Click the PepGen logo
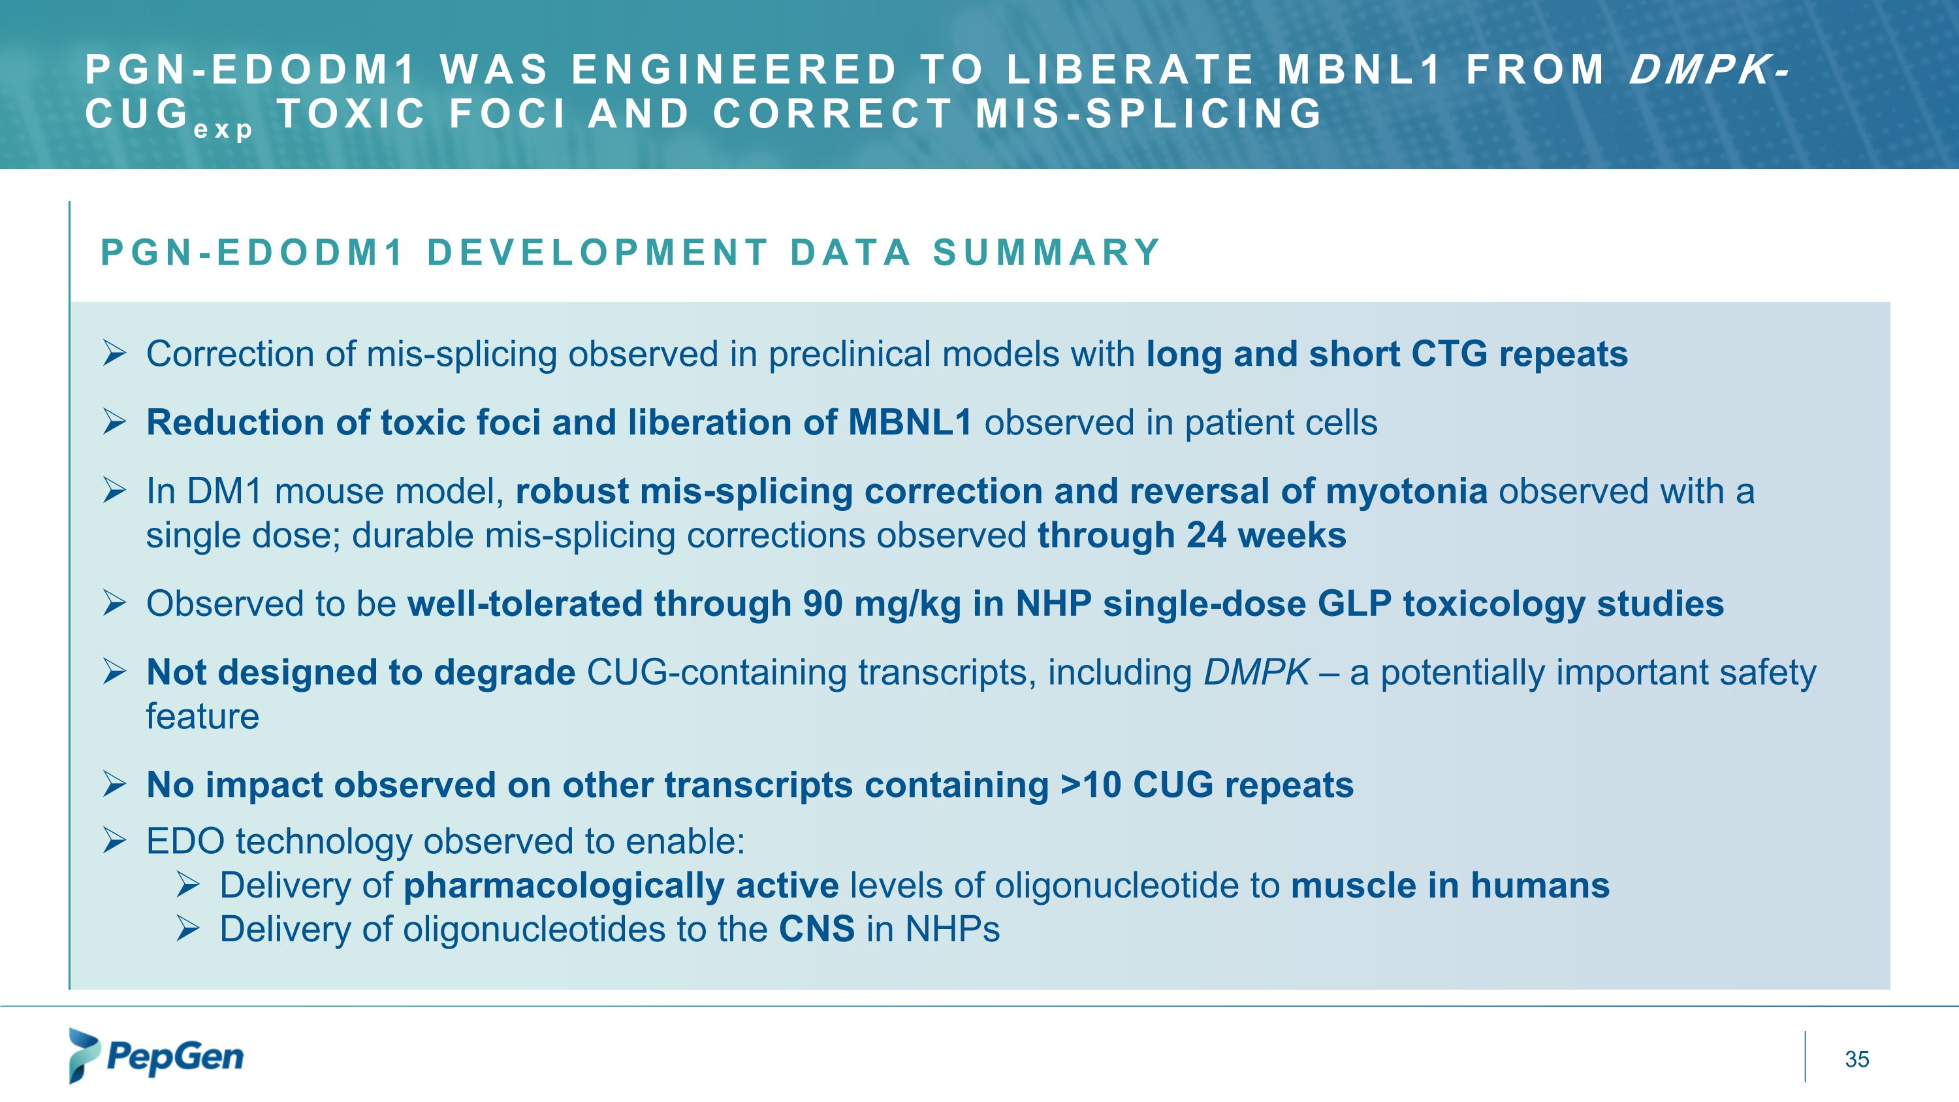coord(156,1056)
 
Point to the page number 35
coord(1856,1059)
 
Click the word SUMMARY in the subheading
coord(1046,253)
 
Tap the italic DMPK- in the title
coord(1708,70)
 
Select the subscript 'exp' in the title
coord(222,130)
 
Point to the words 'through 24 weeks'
coord(1191,536)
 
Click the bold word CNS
coord(816,930)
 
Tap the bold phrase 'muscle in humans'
coord(1450,885)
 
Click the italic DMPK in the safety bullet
coord(1256,672)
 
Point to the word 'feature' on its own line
coord(202,717)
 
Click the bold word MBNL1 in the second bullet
coord(910,423)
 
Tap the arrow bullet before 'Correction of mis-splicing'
coord(114,353)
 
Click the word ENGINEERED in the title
coord(734,70)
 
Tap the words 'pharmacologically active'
coord(620,885)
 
